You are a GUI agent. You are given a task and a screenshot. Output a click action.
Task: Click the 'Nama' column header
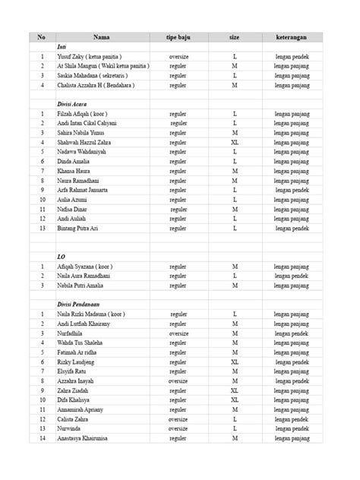coord(102,37)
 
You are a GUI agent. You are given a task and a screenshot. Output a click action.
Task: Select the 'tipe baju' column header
coord(180,37)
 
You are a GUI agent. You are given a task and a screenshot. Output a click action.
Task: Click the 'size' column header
coord(235,37)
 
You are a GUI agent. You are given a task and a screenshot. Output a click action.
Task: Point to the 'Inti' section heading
coord(62,47)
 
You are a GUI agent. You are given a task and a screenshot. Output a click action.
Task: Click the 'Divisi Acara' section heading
coord(74,103)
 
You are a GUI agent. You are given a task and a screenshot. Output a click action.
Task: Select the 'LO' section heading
coord(62,257)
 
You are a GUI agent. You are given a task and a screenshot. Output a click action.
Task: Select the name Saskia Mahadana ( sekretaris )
coord(91,75)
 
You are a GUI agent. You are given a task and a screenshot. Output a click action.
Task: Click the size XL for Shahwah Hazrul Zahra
coord(235,142)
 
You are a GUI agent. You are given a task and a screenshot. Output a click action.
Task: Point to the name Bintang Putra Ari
coord(82,228)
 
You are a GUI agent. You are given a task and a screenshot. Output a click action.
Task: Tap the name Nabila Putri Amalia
coord(85,286)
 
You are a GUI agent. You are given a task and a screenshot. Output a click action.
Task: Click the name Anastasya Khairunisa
coord(87,438)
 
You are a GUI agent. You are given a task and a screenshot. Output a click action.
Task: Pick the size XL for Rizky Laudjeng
coord(235,362)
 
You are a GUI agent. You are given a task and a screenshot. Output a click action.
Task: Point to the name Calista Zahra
coord(77,419)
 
